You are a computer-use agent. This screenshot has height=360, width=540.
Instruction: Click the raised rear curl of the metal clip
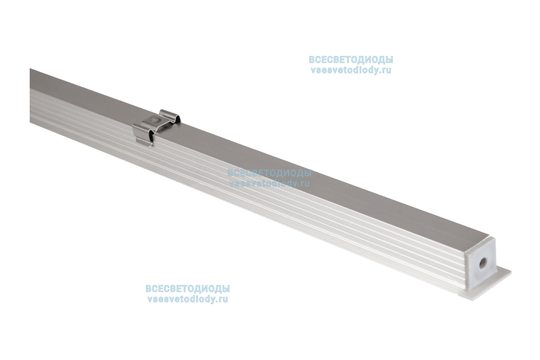[171, 115]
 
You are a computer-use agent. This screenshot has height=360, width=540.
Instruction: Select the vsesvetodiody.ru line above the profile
[351, 71]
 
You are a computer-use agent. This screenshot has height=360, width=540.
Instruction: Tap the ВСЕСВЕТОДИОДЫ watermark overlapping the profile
[269, 173]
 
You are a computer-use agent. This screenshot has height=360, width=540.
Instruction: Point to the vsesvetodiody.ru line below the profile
[187, 299]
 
